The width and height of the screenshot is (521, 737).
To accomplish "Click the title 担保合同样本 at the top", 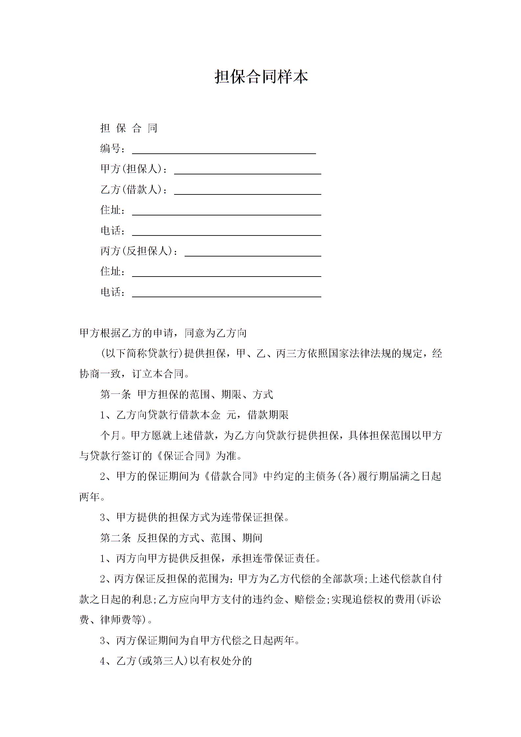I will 261,77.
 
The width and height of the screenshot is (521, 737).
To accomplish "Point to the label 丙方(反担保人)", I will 136,251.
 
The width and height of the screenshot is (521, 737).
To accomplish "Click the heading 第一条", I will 116,394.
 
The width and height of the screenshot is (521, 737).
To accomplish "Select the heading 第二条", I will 116,538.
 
